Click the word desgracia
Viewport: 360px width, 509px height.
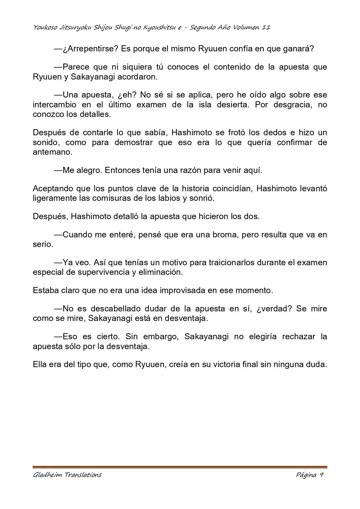[291, 104]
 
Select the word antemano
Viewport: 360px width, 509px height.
[52, 152]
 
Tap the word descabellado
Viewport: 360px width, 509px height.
[119, 308]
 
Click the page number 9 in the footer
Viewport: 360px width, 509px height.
[321, 475]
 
